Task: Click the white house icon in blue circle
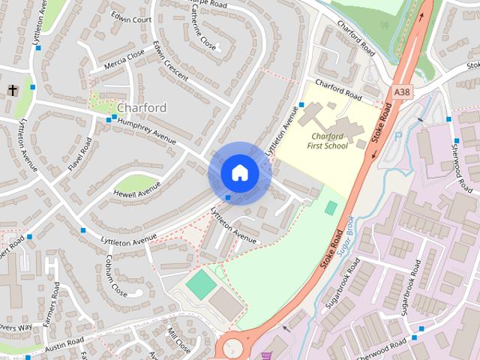(239, 173)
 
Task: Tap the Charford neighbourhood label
(142, 108)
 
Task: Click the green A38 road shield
(402, 92)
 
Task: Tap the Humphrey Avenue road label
(146, 130)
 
